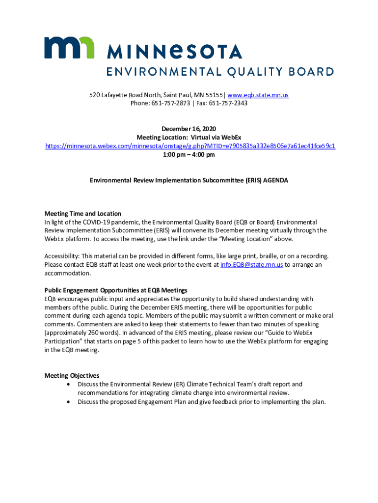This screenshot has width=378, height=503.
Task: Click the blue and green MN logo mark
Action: pyautogui.click(x=69, y=48)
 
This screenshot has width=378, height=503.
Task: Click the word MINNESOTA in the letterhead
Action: pyautogui.click(x=174, y=52)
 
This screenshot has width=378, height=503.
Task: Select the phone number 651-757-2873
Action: pyautogui.click(x=170, y=103)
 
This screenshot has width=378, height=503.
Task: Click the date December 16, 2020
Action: pyautogui.click(x=189, y=128)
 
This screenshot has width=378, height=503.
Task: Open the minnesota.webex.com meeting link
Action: pyautogui.click(x=190, y=146)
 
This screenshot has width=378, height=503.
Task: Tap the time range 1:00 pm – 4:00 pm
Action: pyautogui.click(x=189, y=154)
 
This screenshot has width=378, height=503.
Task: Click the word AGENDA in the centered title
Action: pyautogui.click(x=275, y=180)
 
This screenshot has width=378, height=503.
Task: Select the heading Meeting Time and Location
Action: pyautogui.click(x=83, y=214)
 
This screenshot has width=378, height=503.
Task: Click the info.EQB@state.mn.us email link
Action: pyautogui.click(x=252, y=265)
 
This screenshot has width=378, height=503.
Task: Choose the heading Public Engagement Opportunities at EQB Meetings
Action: pyautogui.click(x=116, y=290)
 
